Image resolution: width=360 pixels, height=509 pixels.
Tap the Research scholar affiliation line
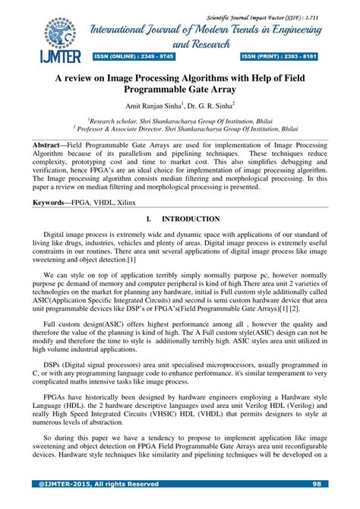179,120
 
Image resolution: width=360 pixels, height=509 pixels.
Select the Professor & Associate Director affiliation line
179,129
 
